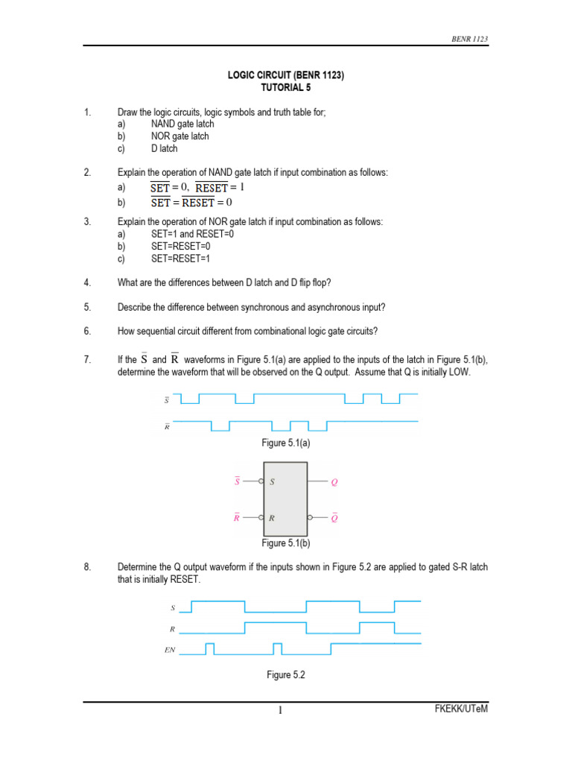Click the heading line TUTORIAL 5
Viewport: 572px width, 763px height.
(x=285, y=87)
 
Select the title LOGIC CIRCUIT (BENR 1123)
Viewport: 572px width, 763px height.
(x=285, y=75)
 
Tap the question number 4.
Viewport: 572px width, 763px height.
(x=87, y=283)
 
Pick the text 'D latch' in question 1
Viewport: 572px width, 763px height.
(x=164, y=148)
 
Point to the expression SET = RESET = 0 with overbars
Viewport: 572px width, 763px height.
(x=191, y=202)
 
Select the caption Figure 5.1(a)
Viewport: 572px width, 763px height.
(x=285, y=443)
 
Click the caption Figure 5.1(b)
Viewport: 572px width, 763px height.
(x=285, y=543)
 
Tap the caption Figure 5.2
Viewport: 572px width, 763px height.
(x=286, y=675)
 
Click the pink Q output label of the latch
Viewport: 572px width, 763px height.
(x=334, y=482)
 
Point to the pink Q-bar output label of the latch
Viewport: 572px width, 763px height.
(x=334, y=517)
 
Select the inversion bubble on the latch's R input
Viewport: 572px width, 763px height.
(x=261, y=517)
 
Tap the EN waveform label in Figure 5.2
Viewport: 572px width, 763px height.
(x=170, y=650)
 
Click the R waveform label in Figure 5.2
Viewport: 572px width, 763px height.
(x=172, y=629)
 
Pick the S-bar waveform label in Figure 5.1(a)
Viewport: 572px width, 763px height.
(x=166, y=400)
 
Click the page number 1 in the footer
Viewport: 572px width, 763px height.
(x=281, y=710)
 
